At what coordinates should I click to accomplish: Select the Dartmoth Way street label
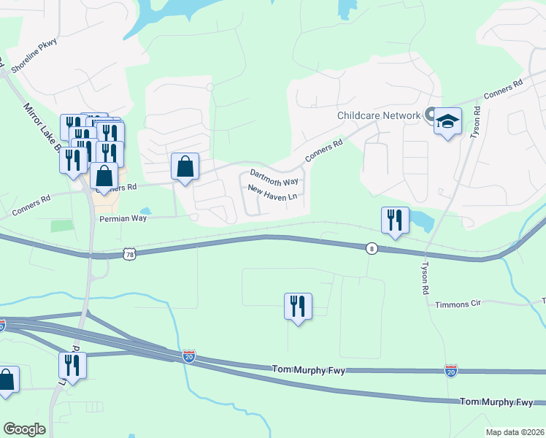pyautogui.click(x=274, y=176)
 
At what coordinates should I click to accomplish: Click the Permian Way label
pyautogui.click(x=123, y=218)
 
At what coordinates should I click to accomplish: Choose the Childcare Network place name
pyautogui.click(x=378, y=115)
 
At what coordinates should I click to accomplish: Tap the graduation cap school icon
pyautogui.click(x=448, y=121)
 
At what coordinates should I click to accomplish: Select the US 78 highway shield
pyautogui.click(x=130, y=253)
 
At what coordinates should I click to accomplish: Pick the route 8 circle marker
pyautogui.click(x=372, y=248)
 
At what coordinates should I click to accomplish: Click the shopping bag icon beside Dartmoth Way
pyautogui.click(x=185, y=166)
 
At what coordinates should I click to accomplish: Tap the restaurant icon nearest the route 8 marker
pyautogui.click(x=394, y=220)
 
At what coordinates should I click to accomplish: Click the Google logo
pyautogui.click(x=25, y=429)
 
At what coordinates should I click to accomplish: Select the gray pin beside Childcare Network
pyautogui.click(x=430, y=115)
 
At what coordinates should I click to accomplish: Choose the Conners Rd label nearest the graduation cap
pyautogui.click(x=504, y=88)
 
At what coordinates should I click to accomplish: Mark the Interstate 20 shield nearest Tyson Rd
pyautogui.click(x=451, y=372)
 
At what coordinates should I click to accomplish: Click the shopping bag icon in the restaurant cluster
pyautogui.click(x=105, y=176)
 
